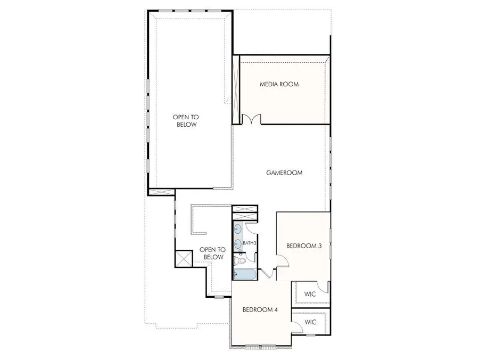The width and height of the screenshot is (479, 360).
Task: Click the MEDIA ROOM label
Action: [279, 84]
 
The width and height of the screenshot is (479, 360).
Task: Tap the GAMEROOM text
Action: [284, 173]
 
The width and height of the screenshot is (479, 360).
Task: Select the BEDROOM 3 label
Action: [303, 246]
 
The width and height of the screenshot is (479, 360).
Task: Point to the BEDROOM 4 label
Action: [260, 310]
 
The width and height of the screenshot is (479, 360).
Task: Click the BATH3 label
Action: [250, 243]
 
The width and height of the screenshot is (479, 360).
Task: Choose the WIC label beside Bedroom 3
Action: [310, 293]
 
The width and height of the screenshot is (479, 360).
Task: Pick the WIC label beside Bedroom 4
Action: [310, 322]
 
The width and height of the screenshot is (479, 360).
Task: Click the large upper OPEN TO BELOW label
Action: [185, 120]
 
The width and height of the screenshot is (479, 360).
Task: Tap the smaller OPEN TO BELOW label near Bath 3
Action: [212, 253]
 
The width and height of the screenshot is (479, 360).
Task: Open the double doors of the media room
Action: [251, 120]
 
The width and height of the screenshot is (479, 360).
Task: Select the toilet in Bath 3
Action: [240, 260]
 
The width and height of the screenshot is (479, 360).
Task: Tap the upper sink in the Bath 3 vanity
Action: [238, 230]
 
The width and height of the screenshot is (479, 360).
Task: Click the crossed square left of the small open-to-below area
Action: [184, 259]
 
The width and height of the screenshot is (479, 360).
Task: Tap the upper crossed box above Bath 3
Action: [245, 209]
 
